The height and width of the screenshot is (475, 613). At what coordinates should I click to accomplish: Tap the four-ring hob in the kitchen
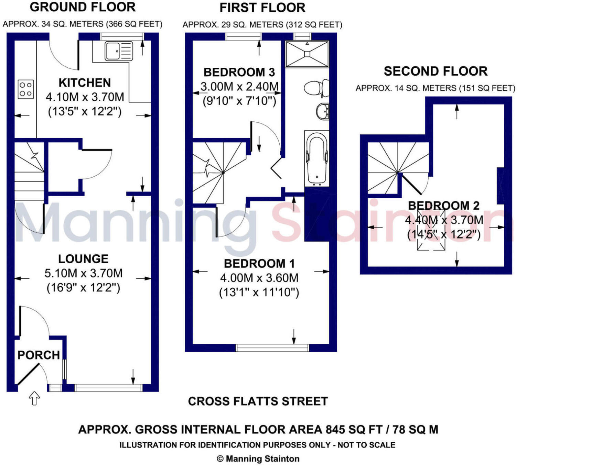(26, 89)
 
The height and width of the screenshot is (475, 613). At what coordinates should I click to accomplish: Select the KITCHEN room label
(85, 83)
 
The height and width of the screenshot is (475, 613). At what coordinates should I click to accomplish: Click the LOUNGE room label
(83, 259)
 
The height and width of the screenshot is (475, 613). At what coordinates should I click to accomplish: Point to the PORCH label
(39, 355)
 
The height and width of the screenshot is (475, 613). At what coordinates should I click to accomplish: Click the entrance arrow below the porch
(34, 398)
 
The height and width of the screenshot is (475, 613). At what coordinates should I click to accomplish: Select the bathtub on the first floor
(316, 158)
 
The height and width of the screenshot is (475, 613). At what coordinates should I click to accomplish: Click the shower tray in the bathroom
(307, 54)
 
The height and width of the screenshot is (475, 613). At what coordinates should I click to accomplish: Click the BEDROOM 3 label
(239, 72)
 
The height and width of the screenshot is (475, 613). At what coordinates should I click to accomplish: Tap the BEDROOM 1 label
(259, 264)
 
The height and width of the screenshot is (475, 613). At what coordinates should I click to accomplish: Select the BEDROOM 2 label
(443, 206)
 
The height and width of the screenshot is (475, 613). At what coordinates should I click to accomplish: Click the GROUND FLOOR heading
(83, 7)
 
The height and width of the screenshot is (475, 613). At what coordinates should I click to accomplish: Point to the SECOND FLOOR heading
(435, 71)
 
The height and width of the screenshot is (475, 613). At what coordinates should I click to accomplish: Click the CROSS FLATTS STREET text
(258, 401)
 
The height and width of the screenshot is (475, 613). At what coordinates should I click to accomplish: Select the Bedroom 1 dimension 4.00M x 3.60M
(259, 278)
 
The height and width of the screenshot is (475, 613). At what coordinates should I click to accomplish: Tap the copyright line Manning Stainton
(258, 459)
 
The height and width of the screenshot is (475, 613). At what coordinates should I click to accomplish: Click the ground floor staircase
(29, 172)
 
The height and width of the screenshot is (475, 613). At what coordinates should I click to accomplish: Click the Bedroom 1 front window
(272, 348)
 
